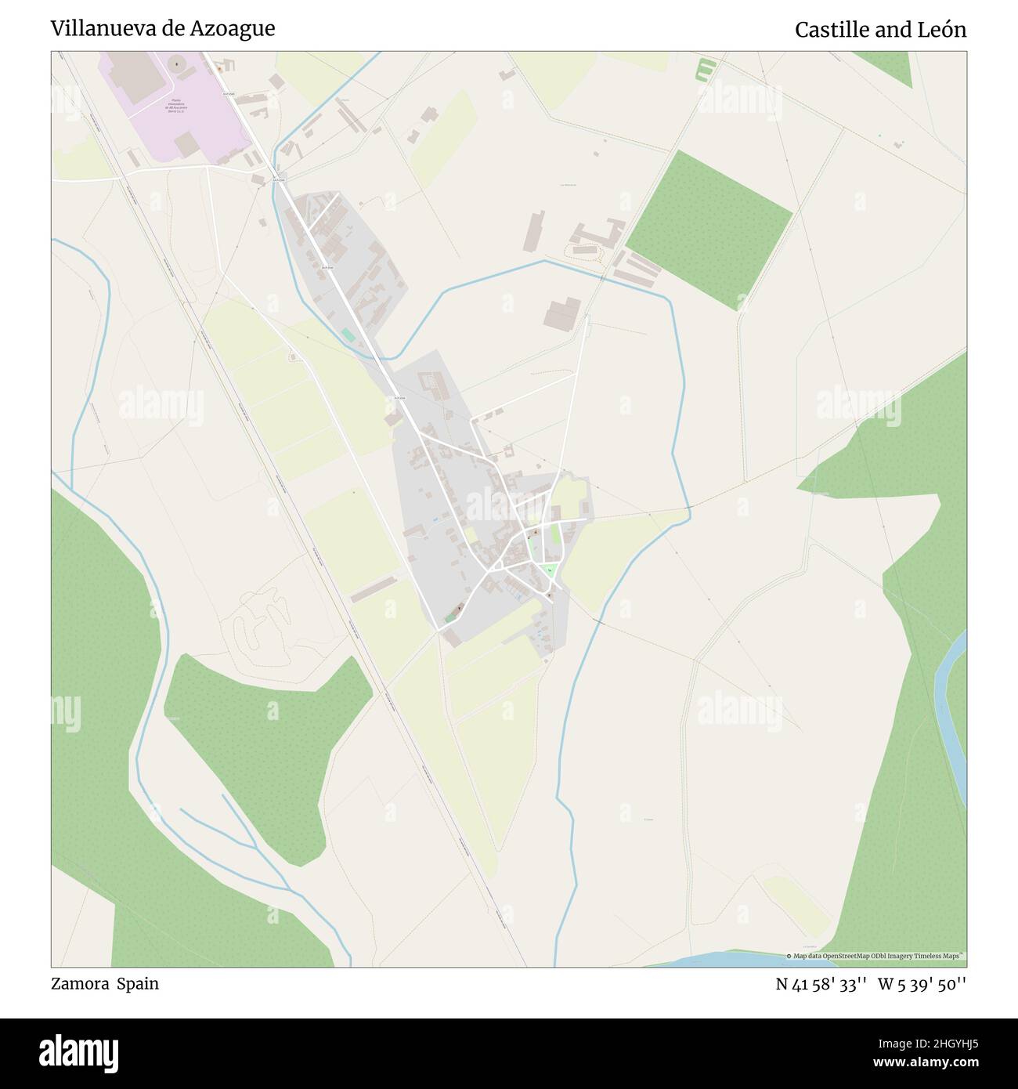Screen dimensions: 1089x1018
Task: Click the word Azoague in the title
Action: pos(236,29)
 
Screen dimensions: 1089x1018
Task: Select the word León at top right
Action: pos(942,30)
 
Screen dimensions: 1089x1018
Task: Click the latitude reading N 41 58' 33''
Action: pos(821,984)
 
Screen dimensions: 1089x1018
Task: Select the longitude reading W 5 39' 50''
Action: pos(922,984)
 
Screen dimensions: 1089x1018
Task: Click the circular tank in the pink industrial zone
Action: pos(174,63)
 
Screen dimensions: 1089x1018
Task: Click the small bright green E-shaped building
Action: pos(706,70)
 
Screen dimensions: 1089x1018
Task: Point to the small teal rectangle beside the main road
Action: pos(347,335)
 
